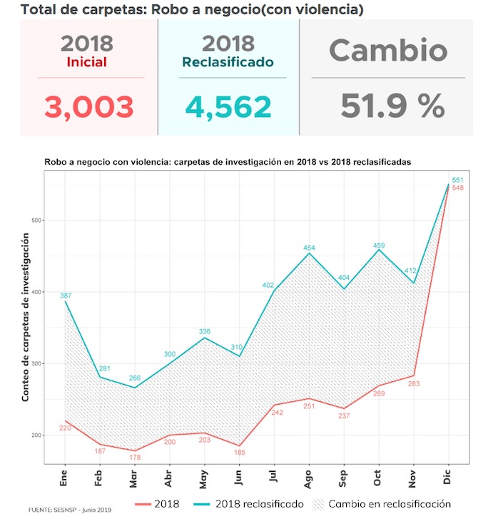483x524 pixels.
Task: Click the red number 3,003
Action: pos(89,107)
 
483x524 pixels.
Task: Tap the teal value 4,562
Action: pos(228,107)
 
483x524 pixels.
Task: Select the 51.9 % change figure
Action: pos(392,107)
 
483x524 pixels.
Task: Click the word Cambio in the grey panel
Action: pos(388,50)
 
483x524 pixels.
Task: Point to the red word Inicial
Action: pos(86,62)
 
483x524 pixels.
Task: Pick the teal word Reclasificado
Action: pos(228,62)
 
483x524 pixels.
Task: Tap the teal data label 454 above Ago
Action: pos(309,248)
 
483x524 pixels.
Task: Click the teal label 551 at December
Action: pos(458,180)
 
